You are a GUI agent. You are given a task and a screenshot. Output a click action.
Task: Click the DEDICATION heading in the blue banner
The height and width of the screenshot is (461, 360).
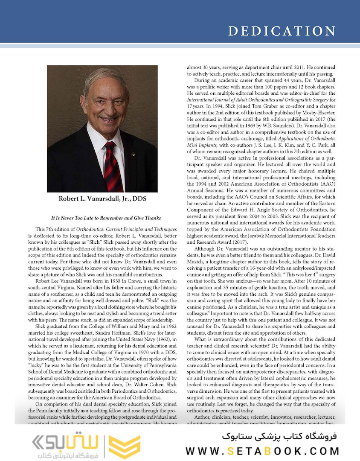[x=282, y=31]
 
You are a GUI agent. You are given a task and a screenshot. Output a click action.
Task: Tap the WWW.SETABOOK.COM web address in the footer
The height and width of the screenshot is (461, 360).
[x=262, y=451]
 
